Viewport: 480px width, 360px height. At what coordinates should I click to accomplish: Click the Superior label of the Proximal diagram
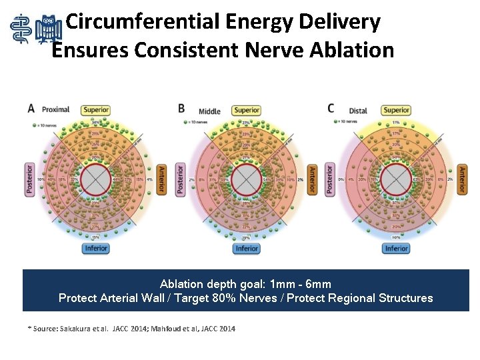(x=96, y=110)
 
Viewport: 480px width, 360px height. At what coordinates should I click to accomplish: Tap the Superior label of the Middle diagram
(x=247, y=110)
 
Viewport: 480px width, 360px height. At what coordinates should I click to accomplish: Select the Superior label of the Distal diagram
(x=396, y=110)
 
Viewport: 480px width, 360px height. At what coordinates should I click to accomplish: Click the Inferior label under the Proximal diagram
(x=96, y=249)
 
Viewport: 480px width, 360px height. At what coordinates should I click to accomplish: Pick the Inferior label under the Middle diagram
(x=247, y=249)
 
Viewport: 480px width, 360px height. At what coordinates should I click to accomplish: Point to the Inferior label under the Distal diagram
(x=396, y=249)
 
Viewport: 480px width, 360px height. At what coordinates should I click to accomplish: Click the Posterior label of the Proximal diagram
(x=29, y=179)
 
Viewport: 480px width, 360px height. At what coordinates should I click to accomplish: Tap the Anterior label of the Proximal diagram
(x=162, y=179)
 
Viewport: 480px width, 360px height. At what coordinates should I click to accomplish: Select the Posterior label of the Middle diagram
(x=180, y=179)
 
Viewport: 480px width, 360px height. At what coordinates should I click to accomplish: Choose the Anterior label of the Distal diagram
(x=462, y=179)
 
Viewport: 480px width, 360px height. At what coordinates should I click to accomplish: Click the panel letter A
(x=31, y=108)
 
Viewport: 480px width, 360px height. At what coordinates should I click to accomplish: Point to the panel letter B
(x=181, y=108)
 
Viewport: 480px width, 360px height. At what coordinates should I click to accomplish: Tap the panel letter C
(x=331, y=108)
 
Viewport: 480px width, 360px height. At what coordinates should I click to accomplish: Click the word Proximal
(x=55, y=109)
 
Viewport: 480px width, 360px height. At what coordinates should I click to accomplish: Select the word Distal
(x=358, y=111)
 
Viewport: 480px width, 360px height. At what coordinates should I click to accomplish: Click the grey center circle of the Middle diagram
(x=247, y=179)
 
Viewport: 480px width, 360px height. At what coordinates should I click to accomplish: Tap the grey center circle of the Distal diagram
(x=396, y=179)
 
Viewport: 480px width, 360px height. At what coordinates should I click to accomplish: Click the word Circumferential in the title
(x=145, y=22)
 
